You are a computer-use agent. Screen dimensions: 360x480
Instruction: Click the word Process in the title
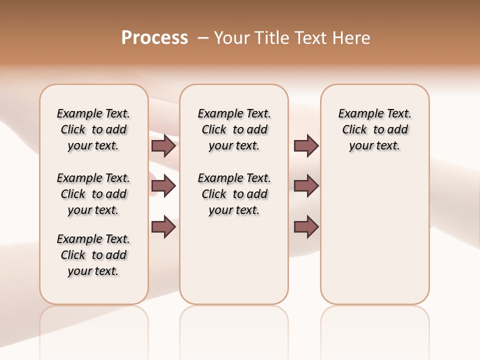[154, 37]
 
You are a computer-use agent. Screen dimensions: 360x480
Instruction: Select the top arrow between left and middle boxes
[163, 146]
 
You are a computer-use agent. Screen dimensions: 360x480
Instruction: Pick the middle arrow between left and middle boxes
[163, 186]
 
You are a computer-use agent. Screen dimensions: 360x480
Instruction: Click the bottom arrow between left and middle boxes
[163, 227]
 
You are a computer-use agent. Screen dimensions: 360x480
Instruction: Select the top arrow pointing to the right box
[306, 146]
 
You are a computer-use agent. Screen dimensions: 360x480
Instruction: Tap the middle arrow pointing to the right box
[306, 186]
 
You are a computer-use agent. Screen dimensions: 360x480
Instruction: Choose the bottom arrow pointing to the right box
[306, 227]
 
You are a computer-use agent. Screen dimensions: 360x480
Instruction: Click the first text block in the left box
[93, 129]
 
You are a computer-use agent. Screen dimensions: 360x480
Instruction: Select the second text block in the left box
[93, 194]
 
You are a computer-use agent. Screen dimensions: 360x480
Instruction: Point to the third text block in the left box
[93, 255]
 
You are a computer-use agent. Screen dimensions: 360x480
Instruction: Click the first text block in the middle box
[234, 129]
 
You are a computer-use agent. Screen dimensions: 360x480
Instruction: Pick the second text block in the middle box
[234, 194]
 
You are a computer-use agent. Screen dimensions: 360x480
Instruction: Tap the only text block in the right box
[374, 129]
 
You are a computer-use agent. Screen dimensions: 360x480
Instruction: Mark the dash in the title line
[203, 37]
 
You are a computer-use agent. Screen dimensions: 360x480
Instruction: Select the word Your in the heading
[231, 37]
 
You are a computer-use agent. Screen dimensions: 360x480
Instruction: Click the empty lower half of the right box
[374, 240]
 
